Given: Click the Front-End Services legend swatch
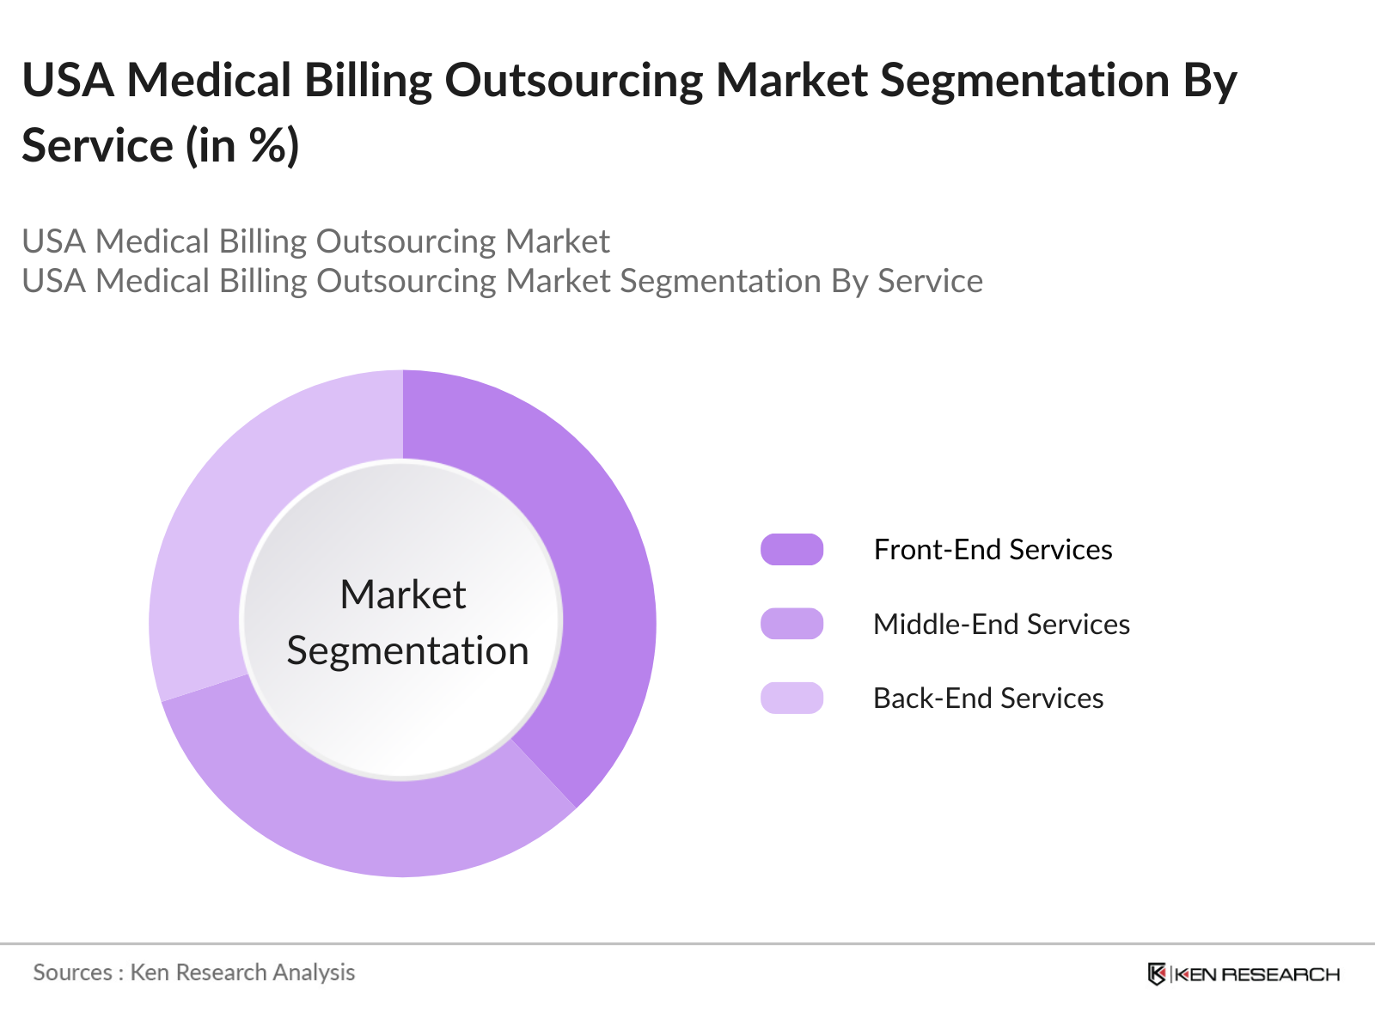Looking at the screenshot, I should tap(791, 549).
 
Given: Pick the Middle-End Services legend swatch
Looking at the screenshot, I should tap(791, 624).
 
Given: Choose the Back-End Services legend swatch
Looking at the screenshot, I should tap(791, 698).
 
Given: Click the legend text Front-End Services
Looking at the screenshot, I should tap(993, 549).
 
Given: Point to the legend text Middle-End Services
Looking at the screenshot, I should tap(1001, 624).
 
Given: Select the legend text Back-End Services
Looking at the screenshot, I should tap(988, 698).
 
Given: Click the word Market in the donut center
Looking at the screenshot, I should tap(402, 595).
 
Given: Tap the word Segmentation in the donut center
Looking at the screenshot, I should tap(407, 650).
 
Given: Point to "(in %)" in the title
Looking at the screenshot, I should tap(242, 145).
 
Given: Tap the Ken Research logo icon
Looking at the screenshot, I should tap(1157, 974).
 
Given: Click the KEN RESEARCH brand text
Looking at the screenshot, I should tap(1256, 974).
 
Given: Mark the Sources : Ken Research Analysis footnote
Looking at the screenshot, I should tap(193, 973).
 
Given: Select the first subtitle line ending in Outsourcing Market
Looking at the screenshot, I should tap(315, 241).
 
